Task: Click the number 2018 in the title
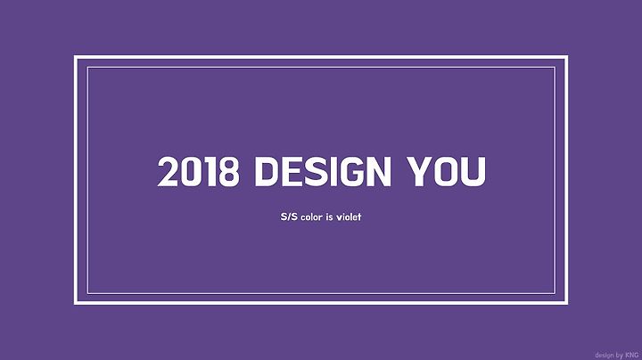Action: (198, 172)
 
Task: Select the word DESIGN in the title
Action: (323, 172)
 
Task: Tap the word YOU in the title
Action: (447, 172)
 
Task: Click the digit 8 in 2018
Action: (229, 172)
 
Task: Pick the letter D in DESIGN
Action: (267, 172)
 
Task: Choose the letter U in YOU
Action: (474, 172)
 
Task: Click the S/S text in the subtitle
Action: (289, 217)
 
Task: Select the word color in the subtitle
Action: (311, 217)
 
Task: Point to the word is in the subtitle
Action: (330, 217)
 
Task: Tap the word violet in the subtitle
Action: (349, 217)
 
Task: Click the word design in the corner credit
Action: (605, 355)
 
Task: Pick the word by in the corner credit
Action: (619, 355)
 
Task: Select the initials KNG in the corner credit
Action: (632, 355)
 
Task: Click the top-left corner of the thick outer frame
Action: (75, 57)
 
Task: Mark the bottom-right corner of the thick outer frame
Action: (566, 303)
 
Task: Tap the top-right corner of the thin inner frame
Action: (556, 68)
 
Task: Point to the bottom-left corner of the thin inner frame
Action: (87, 294)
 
